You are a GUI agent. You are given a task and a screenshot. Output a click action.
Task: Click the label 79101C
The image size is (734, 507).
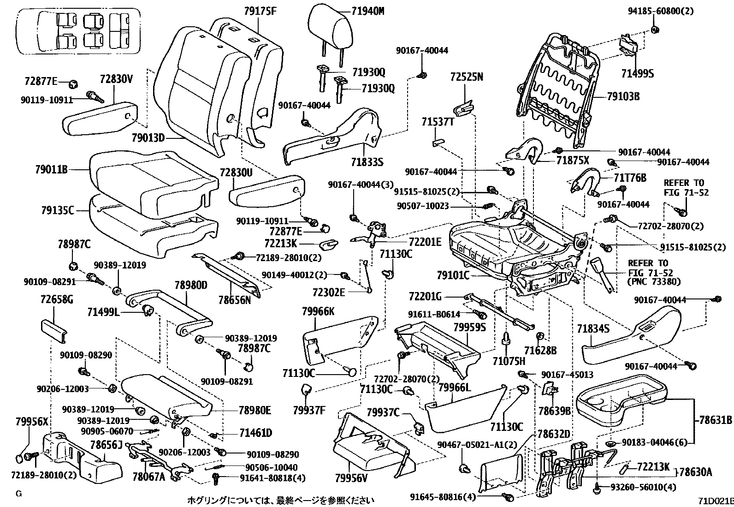click(x=453, y=276)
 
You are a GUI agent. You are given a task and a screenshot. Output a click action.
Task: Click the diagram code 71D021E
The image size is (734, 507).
click(x=714, y=500)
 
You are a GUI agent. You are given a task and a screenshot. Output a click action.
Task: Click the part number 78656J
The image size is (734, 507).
click(x=106, y=445)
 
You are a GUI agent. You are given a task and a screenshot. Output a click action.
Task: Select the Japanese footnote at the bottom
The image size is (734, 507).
click(x=280, y=500)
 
